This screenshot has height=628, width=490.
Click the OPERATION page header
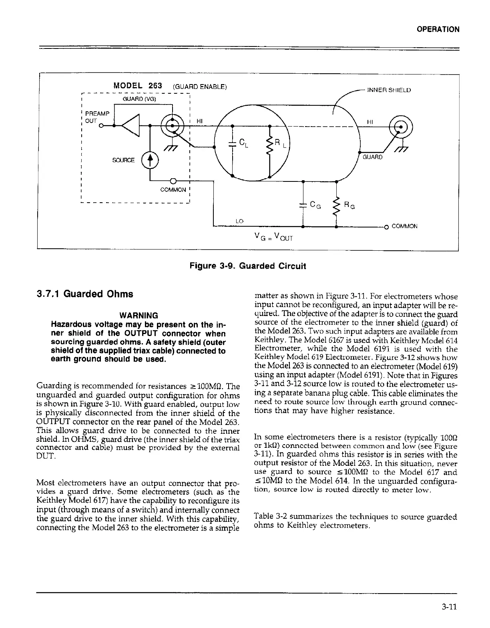click(x=438, y=29)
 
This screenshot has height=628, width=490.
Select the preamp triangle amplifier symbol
click(x=130, y=125)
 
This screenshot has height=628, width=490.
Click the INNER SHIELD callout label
click(x=389, y=90)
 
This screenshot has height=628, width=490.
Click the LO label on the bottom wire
click(x=239, y=221)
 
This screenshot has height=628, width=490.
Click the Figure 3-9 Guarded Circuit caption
click(x=248, y=266)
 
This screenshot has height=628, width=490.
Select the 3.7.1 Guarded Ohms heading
click(x=85, y=294)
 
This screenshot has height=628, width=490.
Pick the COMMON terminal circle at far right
click(x=387, y=227)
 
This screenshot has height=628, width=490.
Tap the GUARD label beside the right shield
click(x=373, y=157)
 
